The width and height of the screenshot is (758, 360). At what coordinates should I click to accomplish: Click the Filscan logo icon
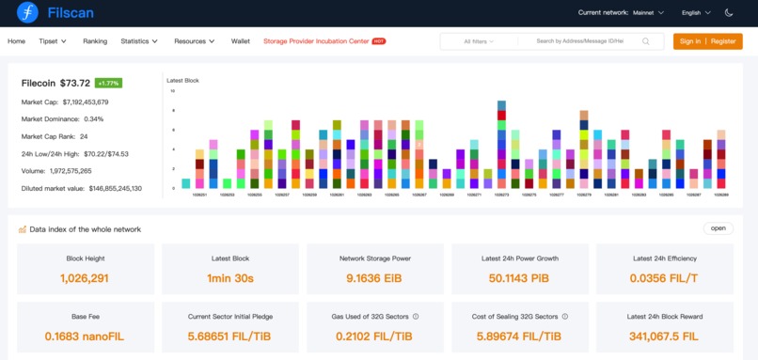click(x=27, y=13)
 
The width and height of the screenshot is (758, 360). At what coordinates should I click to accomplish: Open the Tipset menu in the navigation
click(x=53, y=41)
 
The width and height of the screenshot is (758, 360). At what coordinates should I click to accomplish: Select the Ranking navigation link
click(x=95, y=41)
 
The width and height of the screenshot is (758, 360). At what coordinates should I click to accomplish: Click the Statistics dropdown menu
click(x=139, y=41)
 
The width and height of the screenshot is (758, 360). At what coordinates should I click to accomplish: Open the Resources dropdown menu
click(x=195, y=41)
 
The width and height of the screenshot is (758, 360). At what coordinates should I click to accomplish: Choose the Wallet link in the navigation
click(x=241, y=41)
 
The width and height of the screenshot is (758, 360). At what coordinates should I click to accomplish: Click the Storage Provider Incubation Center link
click(x=316, y=41)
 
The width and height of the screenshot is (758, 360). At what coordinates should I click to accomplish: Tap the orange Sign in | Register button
click(x=707, y=41)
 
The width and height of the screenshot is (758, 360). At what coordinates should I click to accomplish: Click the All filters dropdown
click(x=480, y=41)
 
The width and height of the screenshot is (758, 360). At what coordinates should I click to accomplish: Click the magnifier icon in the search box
click(x=646, y=41)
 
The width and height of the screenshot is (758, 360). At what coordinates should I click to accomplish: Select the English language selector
click(x=695, y=13)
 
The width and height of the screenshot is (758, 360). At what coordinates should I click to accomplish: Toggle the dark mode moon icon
click(x=729, y=13)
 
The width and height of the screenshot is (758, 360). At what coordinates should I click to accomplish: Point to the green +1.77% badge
click(x=108, y=83)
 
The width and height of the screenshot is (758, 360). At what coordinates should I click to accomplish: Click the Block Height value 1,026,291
click(x=84, y=278)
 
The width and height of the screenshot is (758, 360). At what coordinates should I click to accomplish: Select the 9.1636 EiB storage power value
click(x=374, y=278)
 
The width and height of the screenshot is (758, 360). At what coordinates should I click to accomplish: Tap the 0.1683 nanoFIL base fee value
click(x=84, y=337)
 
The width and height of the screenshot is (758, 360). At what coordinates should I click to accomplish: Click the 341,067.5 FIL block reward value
click(x=664, y=337)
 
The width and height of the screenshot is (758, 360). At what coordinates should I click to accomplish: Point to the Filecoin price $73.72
click(x=75, y=83)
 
